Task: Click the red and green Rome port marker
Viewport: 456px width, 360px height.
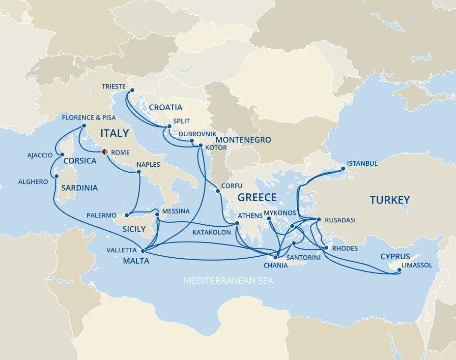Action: point(105,152)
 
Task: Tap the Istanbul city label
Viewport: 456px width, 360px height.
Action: point(362,163)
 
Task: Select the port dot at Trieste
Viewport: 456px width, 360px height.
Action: point(132,90)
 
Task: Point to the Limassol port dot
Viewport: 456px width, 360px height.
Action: point(399,270)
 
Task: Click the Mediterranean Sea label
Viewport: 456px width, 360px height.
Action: point(228,281)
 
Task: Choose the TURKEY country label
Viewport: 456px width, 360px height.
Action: point(390,200)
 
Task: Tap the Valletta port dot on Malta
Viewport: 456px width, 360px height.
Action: point(143,251)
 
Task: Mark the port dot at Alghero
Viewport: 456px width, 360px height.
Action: point(57,176)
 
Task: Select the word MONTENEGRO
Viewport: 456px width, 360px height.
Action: point(243,140)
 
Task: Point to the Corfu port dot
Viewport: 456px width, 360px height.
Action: point(217,191)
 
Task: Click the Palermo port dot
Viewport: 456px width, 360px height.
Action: point(126,215)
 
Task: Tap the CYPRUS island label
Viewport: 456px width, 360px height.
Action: point(396,257)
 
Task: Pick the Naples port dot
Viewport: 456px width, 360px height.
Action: point(139,172)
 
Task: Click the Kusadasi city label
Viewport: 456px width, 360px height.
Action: point(340,220)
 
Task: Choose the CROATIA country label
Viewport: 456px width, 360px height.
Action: point(166,108)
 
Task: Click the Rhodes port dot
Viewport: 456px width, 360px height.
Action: point(325,248)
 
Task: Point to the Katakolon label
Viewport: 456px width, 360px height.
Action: point(211,232)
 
